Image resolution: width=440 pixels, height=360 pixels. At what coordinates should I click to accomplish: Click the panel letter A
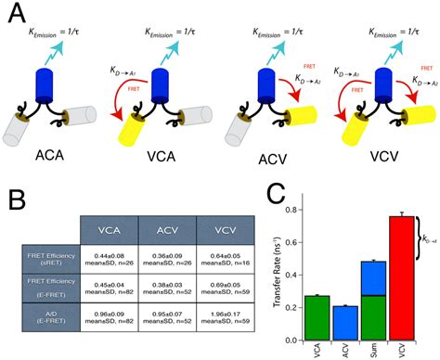[x=17, y=15]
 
